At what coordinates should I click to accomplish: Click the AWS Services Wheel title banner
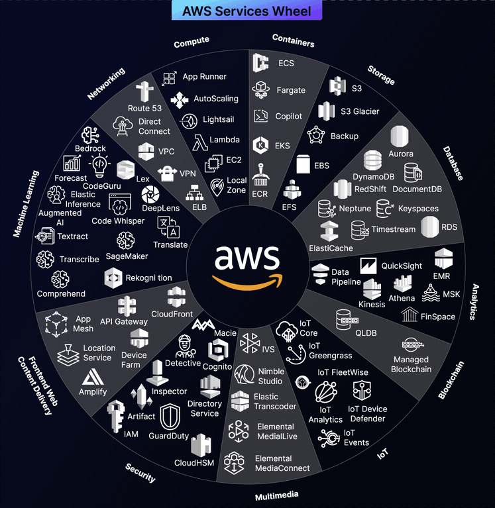pos(247,10)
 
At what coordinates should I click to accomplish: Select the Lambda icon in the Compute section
pos(200,142)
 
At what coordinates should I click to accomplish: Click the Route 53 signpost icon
pos(144,91)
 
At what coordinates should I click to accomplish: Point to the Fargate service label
pos(291,90)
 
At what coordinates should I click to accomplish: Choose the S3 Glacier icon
pos(326,111)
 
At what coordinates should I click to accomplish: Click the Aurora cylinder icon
pos(400,136)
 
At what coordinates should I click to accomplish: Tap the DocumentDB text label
pos(417,189)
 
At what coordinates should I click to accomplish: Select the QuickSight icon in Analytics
pos(368,266)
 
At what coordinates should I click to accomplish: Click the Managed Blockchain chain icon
pos(413,344)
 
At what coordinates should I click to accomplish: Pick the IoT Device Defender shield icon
pos(362,390)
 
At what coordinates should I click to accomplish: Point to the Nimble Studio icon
pos(245,374)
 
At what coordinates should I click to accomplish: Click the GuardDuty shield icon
pos(170,417)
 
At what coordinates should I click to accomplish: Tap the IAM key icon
pos(116,416)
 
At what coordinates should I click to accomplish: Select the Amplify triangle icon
pos(93,377)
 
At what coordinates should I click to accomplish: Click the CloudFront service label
pos(172,314)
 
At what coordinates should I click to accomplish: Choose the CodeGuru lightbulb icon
pos(99,166)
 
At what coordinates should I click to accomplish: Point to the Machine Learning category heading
pos(27,204)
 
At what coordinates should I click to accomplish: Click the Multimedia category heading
pos(276,495)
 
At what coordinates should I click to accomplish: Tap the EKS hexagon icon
pos(260,145)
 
